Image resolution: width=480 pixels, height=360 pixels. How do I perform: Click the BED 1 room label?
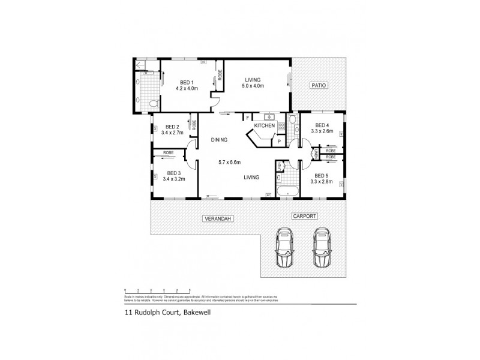click(186, 82)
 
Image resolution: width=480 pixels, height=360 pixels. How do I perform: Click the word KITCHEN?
click(264, 126)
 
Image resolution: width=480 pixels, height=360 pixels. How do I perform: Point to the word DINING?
click(219, 140)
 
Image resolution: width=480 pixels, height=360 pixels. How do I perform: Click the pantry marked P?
click(278, 141)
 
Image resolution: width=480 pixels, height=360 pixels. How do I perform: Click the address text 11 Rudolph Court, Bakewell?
click(163, 311)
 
